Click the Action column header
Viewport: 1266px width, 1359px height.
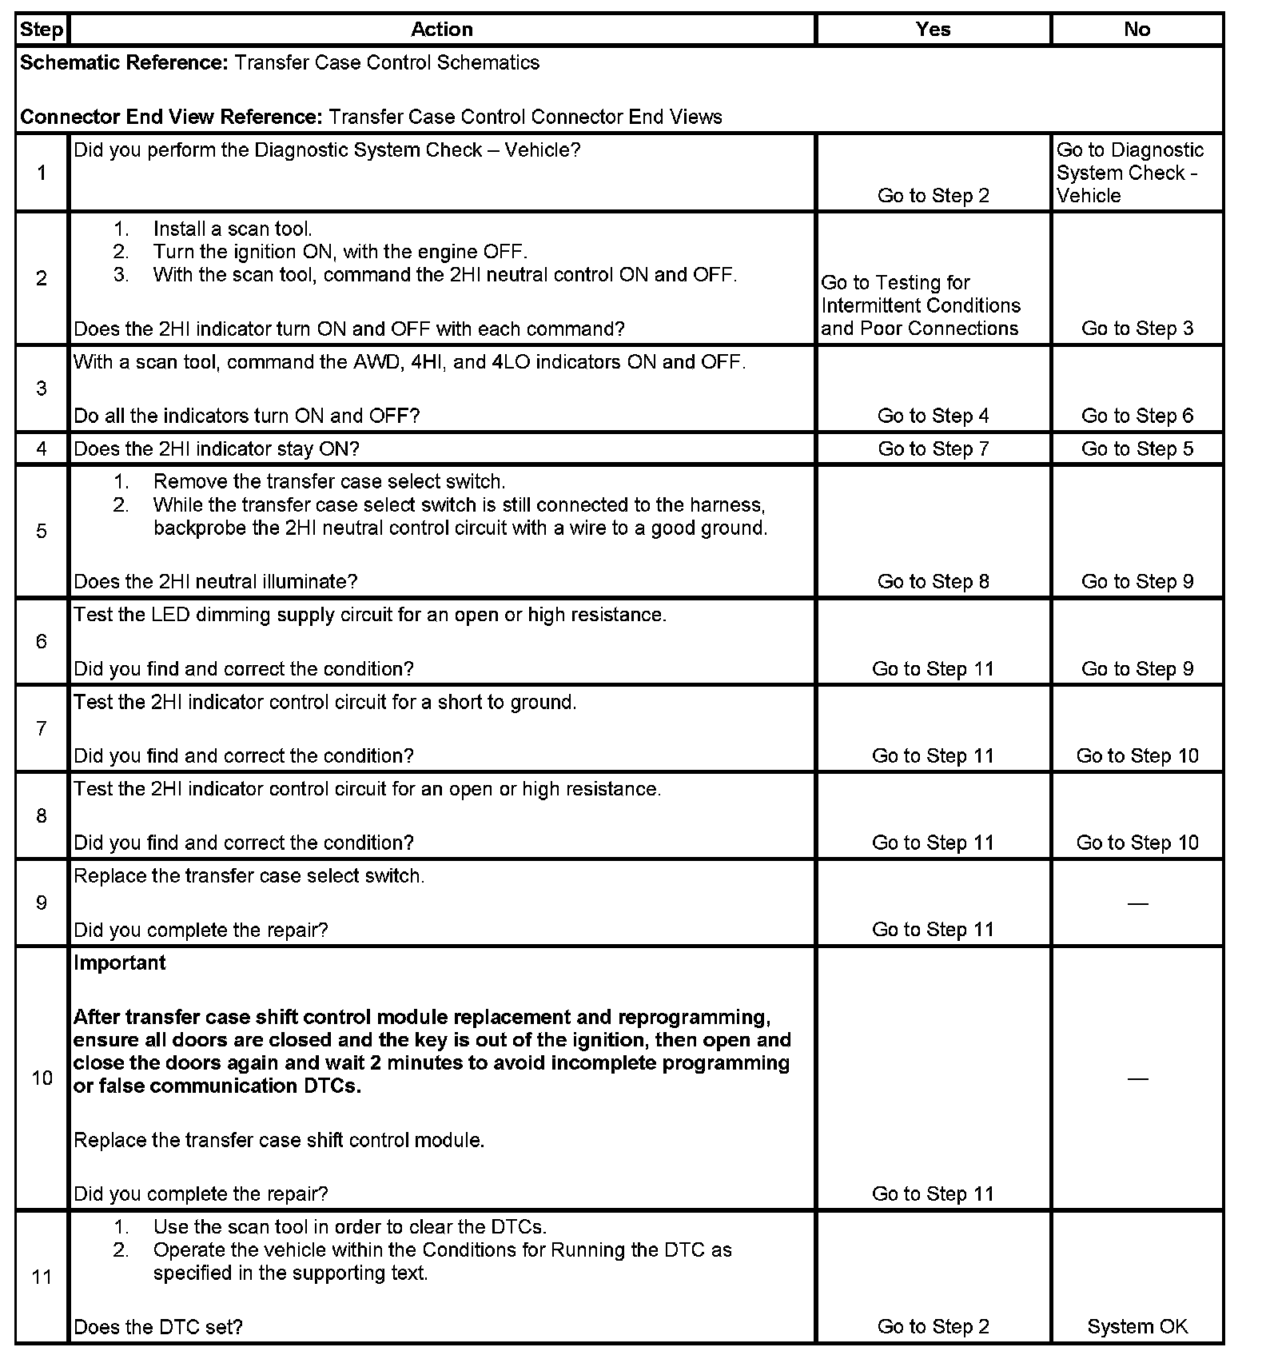tap(441, 30)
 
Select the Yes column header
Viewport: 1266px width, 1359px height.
tap(933, 30)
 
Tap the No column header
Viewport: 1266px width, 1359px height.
tap(1137, 30)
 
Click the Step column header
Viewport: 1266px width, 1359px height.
tap(42, 30)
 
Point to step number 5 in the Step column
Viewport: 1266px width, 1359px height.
tap(42, 532)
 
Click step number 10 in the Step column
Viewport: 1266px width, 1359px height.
tap(42, 1078)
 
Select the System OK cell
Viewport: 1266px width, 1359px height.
tap(1137, 1326)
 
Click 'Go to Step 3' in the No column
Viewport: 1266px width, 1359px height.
tap(1137, 329)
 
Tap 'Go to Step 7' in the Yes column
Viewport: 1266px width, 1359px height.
tap(933, 448)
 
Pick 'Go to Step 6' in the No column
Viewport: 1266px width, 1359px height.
tap(1137, 416)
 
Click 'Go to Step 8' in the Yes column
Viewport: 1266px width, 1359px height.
tap(933, 581)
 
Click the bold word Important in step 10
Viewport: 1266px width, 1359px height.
tap(120, 962)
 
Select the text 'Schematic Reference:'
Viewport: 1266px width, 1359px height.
tap(125, 62)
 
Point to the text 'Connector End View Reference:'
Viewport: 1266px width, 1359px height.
tap(172, 117)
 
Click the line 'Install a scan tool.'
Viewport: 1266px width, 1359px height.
tap(233, 229)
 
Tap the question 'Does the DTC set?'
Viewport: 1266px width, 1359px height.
tap(158, 1326)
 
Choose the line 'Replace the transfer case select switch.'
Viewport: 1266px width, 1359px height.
tap(249, 875)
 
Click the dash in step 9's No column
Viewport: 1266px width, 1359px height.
tap(1137, 903)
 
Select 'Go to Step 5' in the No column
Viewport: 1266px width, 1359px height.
tap(1137, 448)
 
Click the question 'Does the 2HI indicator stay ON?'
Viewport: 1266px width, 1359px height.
tap(217, 448)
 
